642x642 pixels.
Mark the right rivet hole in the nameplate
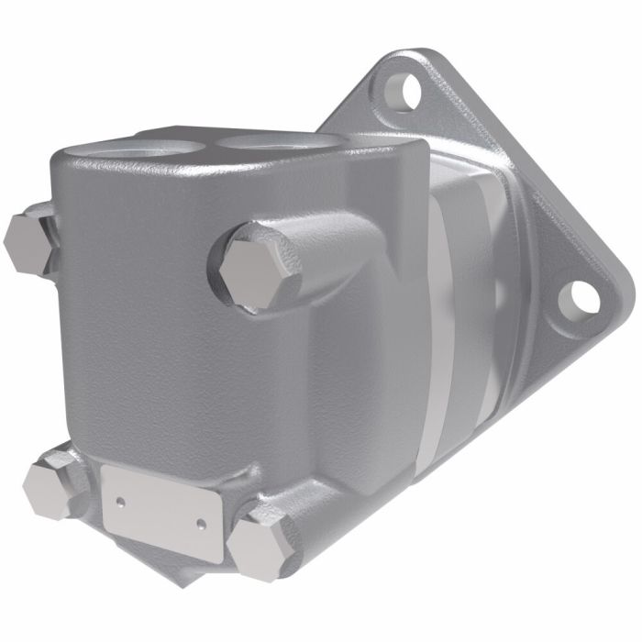tap(201, 524)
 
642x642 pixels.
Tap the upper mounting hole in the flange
tap(399, 89)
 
